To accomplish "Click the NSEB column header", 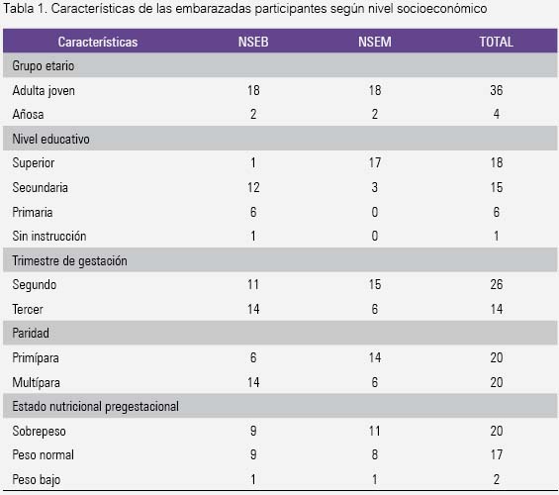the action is tap(253, 42).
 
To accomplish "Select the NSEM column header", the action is tap(375, 42).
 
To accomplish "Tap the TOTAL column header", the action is tap(497, 42).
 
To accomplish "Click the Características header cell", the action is tap(98, 42).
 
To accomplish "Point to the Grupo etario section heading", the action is tap(44, 66).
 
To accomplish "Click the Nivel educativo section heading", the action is tap(50, 139).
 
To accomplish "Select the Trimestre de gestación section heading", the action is tap(69, 260).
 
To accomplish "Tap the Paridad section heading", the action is tap(31, 333).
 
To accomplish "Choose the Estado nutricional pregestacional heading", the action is tap(96, 406).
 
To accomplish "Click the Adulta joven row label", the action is tap(44, 90).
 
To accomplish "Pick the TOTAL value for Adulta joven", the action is tap(497, 90).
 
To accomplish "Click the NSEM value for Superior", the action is tap(375, 163).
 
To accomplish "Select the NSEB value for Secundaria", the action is tap(253, 187).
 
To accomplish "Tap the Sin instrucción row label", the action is tap(49, 236).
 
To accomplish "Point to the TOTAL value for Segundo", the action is tap(497, 284).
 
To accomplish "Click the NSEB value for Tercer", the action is tap(253, 309).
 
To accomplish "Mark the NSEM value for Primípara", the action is tap(375, 357).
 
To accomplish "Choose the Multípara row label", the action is tap(36, 382).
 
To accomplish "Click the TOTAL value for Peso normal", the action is tap(497, 454).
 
